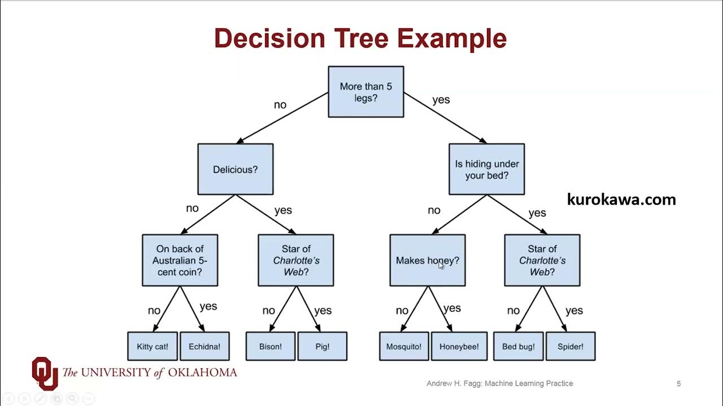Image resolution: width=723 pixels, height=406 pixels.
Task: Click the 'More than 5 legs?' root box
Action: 365,92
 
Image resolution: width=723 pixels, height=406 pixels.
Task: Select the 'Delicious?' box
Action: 235,169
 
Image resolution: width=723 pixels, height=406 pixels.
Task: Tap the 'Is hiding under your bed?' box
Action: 486,169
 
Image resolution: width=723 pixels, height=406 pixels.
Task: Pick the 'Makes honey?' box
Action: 427,261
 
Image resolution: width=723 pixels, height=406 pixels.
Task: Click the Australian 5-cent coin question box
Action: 180,261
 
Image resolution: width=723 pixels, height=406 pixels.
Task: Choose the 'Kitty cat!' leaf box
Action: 153,346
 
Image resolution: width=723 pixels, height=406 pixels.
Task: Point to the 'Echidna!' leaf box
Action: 204,346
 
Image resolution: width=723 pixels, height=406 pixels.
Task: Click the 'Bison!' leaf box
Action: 270,346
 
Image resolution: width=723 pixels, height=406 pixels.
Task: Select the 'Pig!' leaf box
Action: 322,346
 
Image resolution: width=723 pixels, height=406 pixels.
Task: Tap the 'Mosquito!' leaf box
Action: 404,346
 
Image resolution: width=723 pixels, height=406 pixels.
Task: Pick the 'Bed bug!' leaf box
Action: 518,346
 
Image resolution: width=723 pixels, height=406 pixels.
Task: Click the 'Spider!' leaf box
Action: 570,346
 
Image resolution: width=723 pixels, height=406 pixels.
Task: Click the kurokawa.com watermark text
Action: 621,199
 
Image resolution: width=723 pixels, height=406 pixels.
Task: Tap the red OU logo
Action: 45,372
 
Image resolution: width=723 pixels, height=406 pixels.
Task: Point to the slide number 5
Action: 678,383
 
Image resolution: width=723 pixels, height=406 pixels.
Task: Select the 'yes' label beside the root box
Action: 441,100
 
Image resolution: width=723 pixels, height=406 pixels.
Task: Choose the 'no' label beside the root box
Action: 280,104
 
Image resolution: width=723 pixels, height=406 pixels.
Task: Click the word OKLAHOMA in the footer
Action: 201,372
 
